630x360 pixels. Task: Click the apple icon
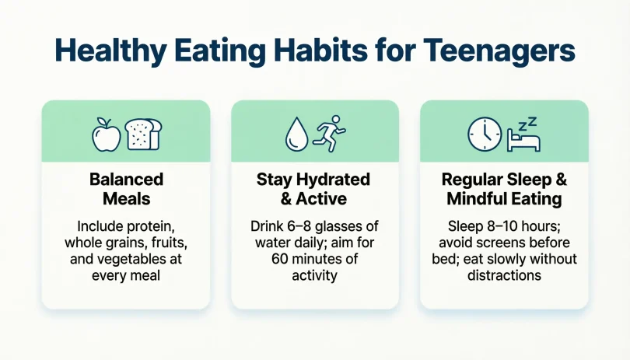coord(107,135)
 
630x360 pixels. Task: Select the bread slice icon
coord(143,134)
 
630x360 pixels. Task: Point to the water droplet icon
coord(296,134)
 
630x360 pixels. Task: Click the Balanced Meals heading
coord(126,189)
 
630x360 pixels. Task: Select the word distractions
coord(505,275)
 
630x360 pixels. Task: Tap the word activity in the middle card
coord(315,275)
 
